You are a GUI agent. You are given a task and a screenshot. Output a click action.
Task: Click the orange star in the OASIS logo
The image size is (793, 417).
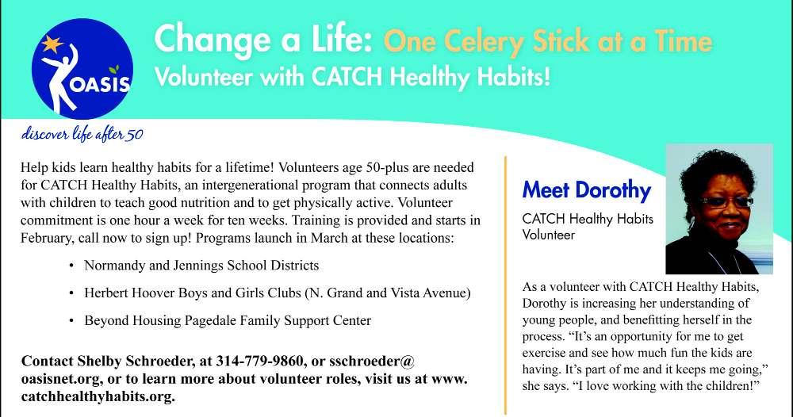coord(52,44)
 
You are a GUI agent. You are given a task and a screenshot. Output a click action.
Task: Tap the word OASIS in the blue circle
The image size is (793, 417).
coord(100,84)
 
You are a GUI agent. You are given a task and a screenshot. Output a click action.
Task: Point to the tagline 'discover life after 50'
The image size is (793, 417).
coord(82,134)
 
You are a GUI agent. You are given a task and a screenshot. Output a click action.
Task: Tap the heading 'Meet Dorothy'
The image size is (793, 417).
coord(587,190)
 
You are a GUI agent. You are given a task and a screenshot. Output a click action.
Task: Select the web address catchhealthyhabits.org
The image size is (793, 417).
coord(98,396)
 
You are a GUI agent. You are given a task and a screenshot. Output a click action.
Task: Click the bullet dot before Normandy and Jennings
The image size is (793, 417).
coord(71,266)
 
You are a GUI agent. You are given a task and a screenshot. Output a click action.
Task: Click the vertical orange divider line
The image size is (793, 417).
coord(505,285)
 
